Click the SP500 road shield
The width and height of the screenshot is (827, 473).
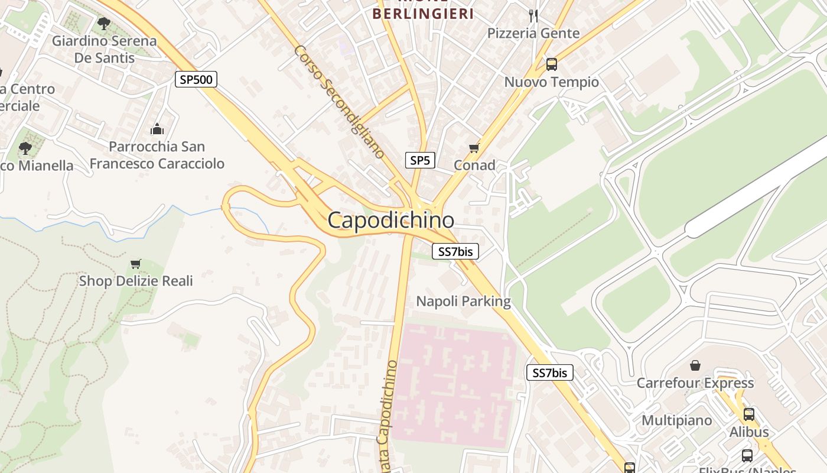[x=196, y=79]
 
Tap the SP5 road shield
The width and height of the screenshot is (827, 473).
[x=421, y=160]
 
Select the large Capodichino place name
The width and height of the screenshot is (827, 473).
[x=391, y=221]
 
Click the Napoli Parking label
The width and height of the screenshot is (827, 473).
[x=463, y=301]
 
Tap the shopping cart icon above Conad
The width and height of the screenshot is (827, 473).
[x=474, y=148]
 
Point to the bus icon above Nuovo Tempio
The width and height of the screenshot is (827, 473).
[x=551, y=64]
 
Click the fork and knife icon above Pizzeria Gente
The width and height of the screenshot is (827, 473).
[x=533, y=16]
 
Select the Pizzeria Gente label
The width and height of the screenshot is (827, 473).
[x=533, y=33]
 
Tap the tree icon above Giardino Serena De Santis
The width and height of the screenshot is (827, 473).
[x=104, y=24]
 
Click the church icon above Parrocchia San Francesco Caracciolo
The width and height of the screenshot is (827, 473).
[x=157, y=129]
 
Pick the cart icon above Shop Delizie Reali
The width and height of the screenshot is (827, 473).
[x=136, y=264]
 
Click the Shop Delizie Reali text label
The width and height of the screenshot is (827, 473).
[x=136, y=280]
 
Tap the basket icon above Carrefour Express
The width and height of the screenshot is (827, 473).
[x=695, y=365]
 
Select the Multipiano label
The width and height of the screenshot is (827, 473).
[x=676, y=420]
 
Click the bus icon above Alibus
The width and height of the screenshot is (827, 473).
[x=749, y=414]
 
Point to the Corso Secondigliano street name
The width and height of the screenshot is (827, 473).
[x=339, y=101]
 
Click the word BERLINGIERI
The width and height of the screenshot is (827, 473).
[x=423, y=14]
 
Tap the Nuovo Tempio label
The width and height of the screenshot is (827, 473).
[x=551, y=82]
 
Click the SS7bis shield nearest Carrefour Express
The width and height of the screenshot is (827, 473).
[x=550, y=373]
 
